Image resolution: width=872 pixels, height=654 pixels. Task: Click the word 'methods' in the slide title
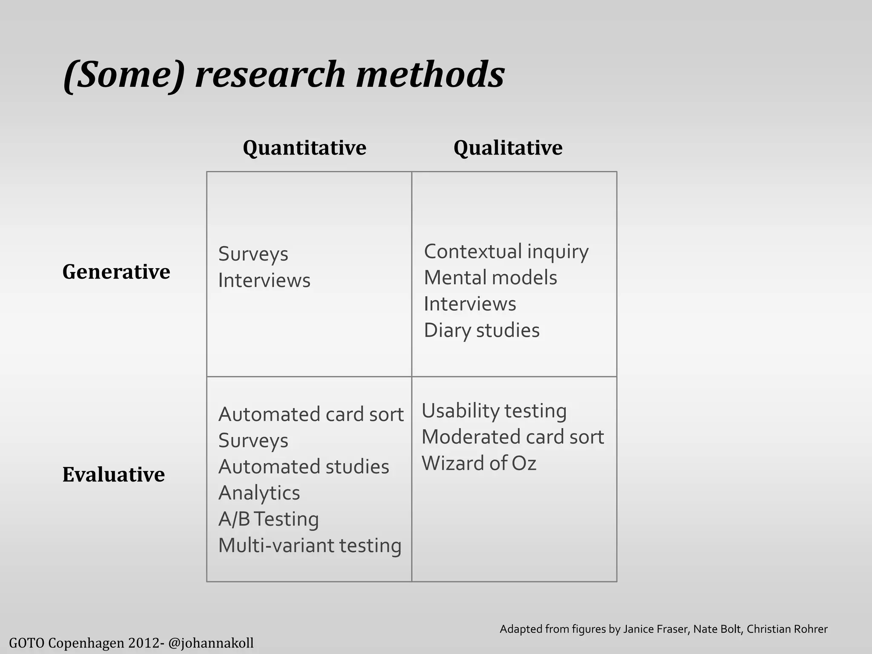click(430, 75)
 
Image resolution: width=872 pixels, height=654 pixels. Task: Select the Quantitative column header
click(304, 148)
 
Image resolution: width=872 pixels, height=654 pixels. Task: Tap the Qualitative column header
click(508, 148)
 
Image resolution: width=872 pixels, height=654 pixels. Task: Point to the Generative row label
click(116, 272)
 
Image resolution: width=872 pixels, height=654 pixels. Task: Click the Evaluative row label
click(113, 474)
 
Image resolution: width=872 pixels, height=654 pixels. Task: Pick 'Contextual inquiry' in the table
click(506, 252)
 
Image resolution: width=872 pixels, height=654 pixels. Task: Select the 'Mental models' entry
click(490, 278)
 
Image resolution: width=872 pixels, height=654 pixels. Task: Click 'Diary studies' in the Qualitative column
click(482, 330)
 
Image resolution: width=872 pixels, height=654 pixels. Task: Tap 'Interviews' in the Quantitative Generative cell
click(264, 281)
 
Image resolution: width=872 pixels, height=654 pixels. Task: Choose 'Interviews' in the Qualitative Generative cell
click(470, 304)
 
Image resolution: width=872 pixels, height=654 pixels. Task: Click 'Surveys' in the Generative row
click(253, 254)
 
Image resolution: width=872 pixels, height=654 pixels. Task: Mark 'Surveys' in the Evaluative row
click(253, 441)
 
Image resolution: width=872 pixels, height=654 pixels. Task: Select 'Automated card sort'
click(311, 414)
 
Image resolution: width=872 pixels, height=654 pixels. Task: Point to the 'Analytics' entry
click(259, 493)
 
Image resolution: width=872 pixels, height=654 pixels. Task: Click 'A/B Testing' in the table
click(268, 519)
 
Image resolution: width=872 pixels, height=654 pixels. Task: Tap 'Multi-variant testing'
click(310, 545)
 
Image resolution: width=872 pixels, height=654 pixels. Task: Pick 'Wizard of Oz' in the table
click(479, 463)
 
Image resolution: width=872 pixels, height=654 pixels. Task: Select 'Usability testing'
click(494, 411)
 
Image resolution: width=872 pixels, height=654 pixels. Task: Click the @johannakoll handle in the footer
click(211, 643)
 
